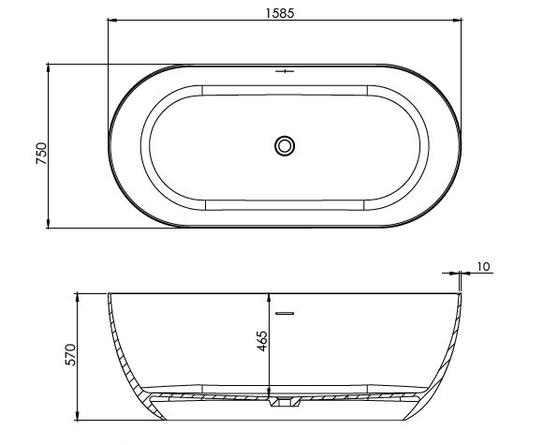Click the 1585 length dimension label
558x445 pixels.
click(280, 13)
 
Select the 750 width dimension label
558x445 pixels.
click(41, 153)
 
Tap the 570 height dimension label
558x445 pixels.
click(70, 354)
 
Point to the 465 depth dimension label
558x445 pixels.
click(262, 341)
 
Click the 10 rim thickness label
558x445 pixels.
click(483, 266)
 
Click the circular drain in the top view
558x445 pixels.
click(285, 145)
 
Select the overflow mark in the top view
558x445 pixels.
click(285, 71)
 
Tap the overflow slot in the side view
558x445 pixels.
click(285, 313)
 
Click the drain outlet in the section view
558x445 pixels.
click(285, 402)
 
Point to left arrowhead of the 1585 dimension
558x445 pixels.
click(112, 21)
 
